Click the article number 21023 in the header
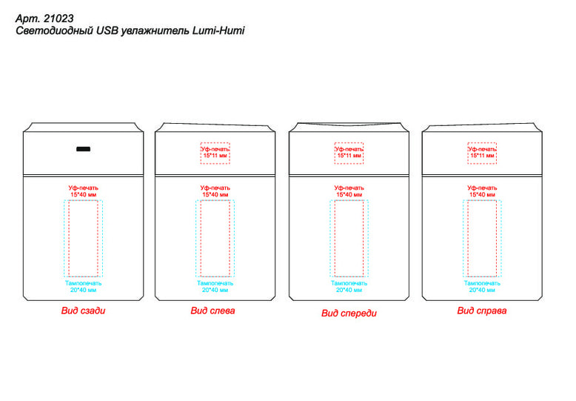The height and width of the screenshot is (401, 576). pos(58,19)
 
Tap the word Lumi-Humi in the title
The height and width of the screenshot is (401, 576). pos(218,30)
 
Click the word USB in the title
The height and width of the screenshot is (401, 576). pos(107,30)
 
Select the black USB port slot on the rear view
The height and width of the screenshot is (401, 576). pos(84,149)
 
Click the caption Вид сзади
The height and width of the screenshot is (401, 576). pos(84,311)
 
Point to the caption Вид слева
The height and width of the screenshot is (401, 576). pos(212,311)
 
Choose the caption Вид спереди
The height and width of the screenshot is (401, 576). pos(349,313)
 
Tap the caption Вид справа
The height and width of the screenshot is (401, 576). pos(481,311)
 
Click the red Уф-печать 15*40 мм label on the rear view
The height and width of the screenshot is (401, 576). pos(84,191)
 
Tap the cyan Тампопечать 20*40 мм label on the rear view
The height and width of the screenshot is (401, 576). pos(84,287)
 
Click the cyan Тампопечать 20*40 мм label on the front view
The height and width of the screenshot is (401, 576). pos(349,287)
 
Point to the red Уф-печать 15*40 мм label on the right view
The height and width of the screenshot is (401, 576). pos(482,191)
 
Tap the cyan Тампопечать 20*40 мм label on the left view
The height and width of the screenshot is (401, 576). pos(215,287)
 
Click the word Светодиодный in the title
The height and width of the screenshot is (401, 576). pos(54,30)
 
